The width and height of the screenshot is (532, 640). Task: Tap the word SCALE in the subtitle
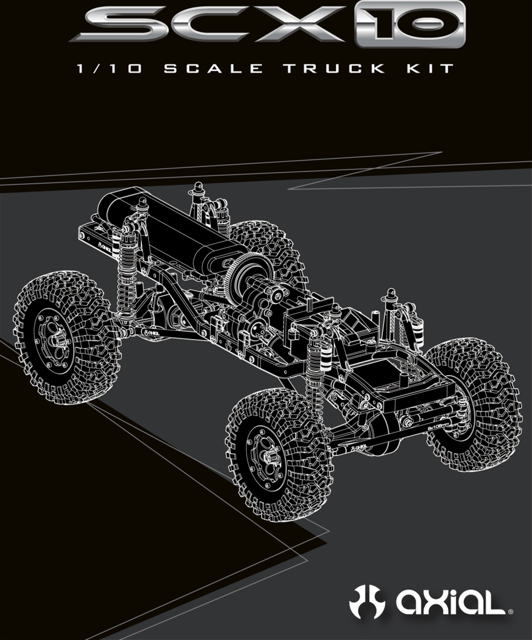pos(213,69)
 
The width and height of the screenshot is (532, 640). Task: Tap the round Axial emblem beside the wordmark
pos(367,601)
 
